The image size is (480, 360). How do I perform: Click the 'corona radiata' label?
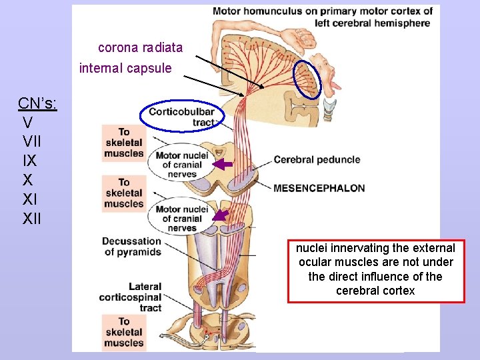click(140, 48)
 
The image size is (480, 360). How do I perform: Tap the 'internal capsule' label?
click(125, 68)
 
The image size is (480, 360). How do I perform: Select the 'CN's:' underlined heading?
click(37, 103)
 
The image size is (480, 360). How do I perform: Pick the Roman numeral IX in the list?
click(29, 161)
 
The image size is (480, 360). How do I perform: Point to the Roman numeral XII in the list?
click(32, 218)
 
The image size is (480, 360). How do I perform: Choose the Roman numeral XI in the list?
click(30, 199)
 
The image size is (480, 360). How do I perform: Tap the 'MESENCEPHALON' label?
click(319, 188)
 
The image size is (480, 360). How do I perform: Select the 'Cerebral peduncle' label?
click(317, 160)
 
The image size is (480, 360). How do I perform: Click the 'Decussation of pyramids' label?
click(131, 247)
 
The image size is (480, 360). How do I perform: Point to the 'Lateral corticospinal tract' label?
click(131, 297)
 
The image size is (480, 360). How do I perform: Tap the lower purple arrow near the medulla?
click(221, 215)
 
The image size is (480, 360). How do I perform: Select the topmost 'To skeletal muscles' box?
click(123, 143)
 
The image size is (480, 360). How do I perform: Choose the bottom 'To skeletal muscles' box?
click(123, 333)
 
